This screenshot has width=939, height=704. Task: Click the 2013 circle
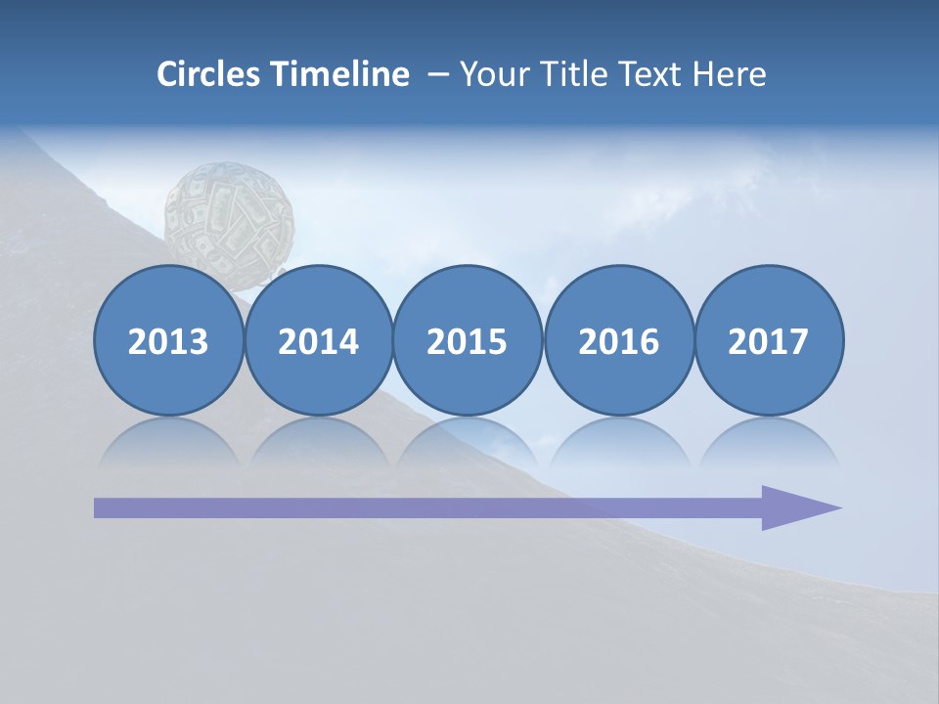click(x=168, y=340)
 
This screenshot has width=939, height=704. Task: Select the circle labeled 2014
click(x=318, y=340)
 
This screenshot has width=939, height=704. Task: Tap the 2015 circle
click(x=468, y=340)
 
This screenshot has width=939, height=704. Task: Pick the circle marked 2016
click(x=618, y=340)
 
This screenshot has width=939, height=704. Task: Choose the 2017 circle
click(x=768, y=340)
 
